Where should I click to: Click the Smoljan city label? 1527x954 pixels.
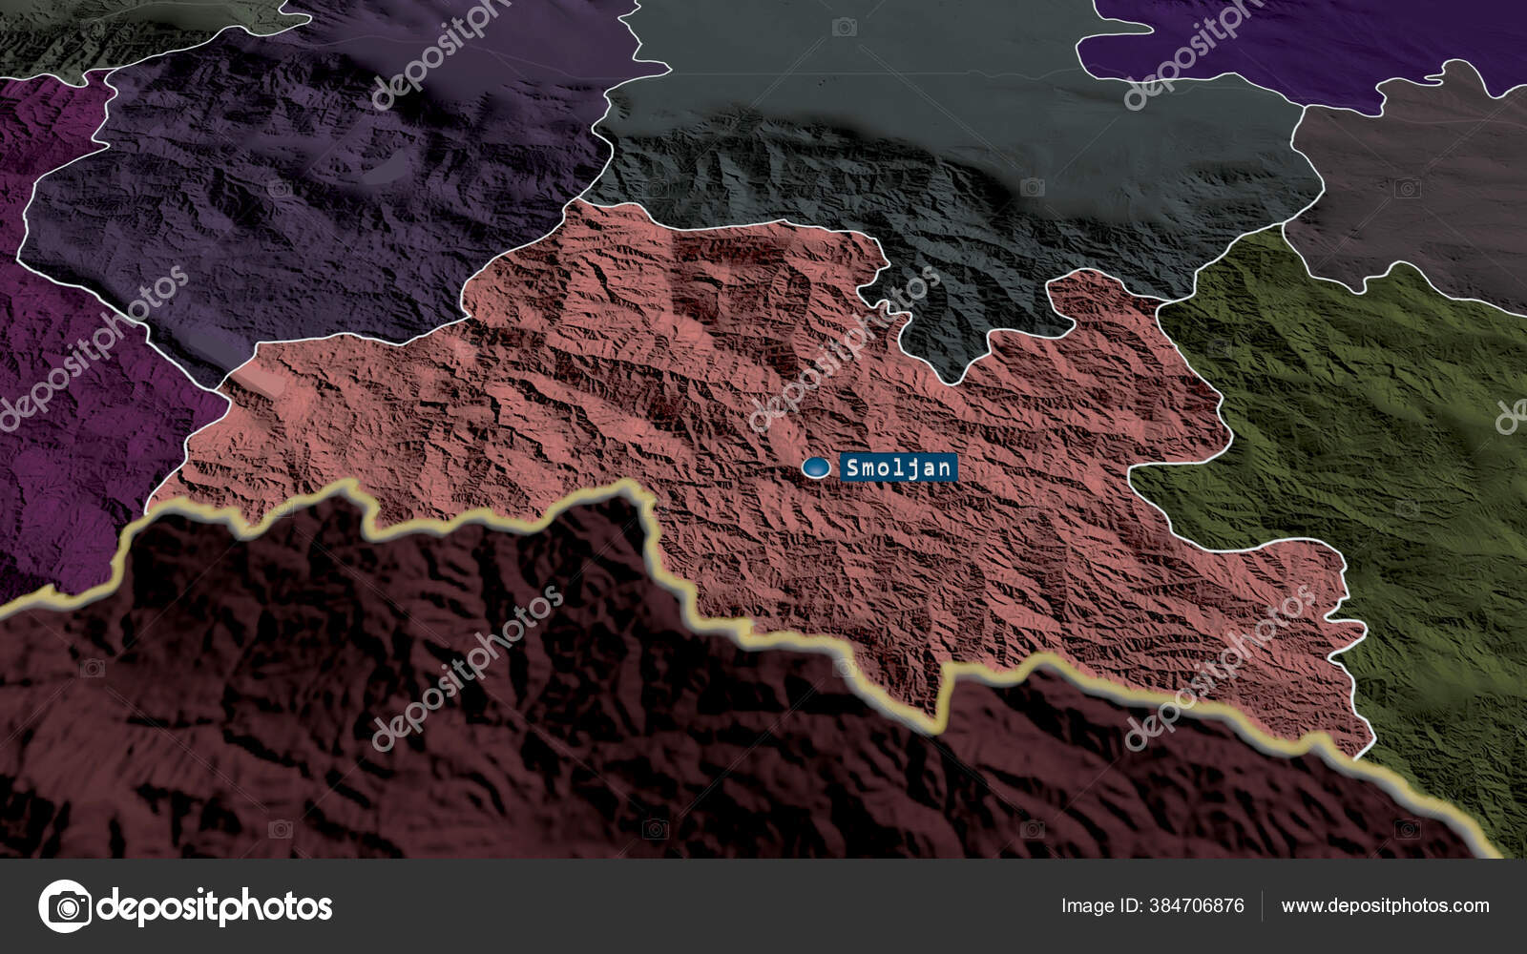pyautogui.click(x=897, y=467)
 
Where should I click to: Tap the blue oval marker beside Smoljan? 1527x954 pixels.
pyautogui.click(x=816, y=467)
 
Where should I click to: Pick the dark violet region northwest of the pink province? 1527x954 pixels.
pyautogui.click(x=286, y=191)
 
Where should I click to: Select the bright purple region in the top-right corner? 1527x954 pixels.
pyautogui.click(x=1288, y=38)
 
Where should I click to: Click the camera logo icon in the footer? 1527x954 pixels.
pyautogui.click(x=65, y=905)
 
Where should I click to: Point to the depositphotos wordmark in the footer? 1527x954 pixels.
pyautogui.click(x=215, y=905)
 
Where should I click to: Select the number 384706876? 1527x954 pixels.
pyautogui.click(x=1197, y=905)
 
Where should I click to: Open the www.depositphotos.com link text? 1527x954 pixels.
pyautogui.click(x=1385, y=905)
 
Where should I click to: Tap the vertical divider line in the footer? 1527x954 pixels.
pyautogui.click(x=1263, y=905)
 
